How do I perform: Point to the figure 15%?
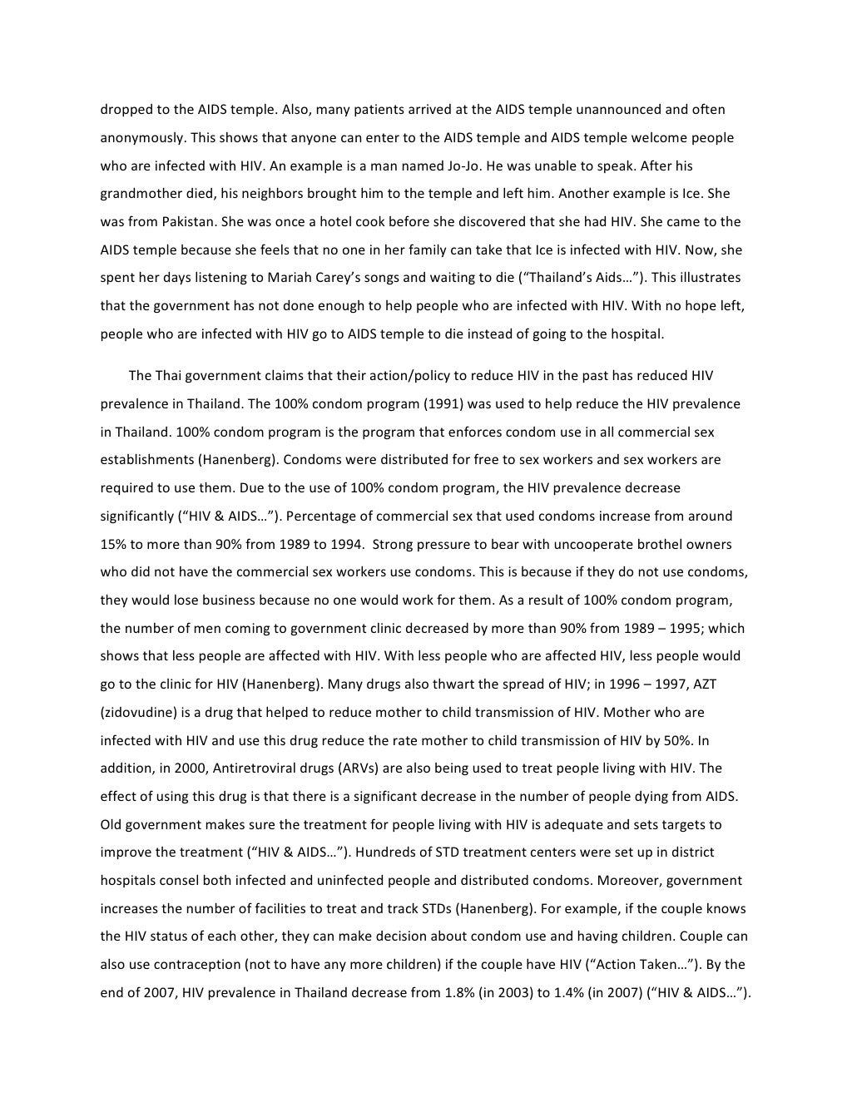pyautogui.click(x=114, y=545)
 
